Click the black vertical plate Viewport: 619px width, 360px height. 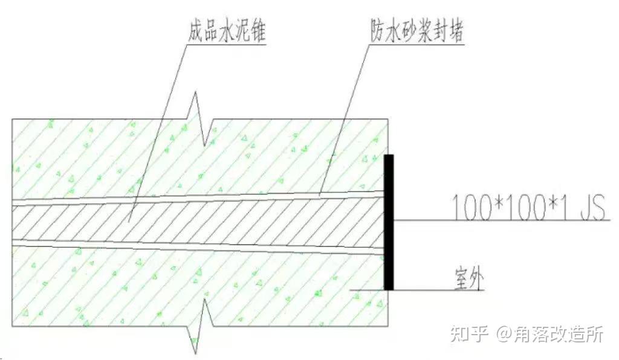coord(389,222)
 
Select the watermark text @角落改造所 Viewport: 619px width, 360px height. coord(550,333)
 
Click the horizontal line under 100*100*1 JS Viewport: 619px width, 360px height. coord(502,220)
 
